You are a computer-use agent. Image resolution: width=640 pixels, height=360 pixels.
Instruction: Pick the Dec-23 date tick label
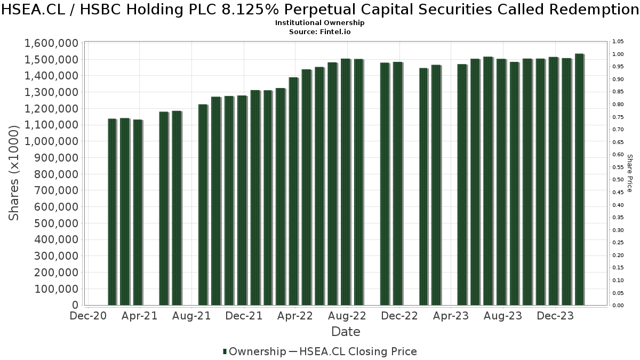pos(555,316)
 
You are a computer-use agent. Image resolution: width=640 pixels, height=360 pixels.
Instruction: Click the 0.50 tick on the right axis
pos(618,180)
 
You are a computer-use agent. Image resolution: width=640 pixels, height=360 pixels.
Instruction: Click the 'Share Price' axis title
pos(629,173)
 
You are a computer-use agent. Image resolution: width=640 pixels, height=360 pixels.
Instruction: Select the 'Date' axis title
pos(346,332)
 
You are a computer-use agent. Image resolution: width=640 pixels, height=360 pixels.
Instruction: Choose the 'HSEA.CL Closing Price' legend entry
pos(358,351)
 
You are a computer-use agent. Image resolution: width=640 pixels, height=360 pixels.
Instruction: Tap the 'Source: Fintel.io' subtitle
pos(319,32)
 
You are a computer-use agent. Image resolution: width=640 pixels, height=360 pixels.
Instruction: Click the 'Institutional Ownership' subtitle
pos(319,23)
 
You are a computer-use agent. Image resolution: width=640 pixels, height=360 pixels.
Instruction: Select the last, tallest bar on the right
pos(579,180)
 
